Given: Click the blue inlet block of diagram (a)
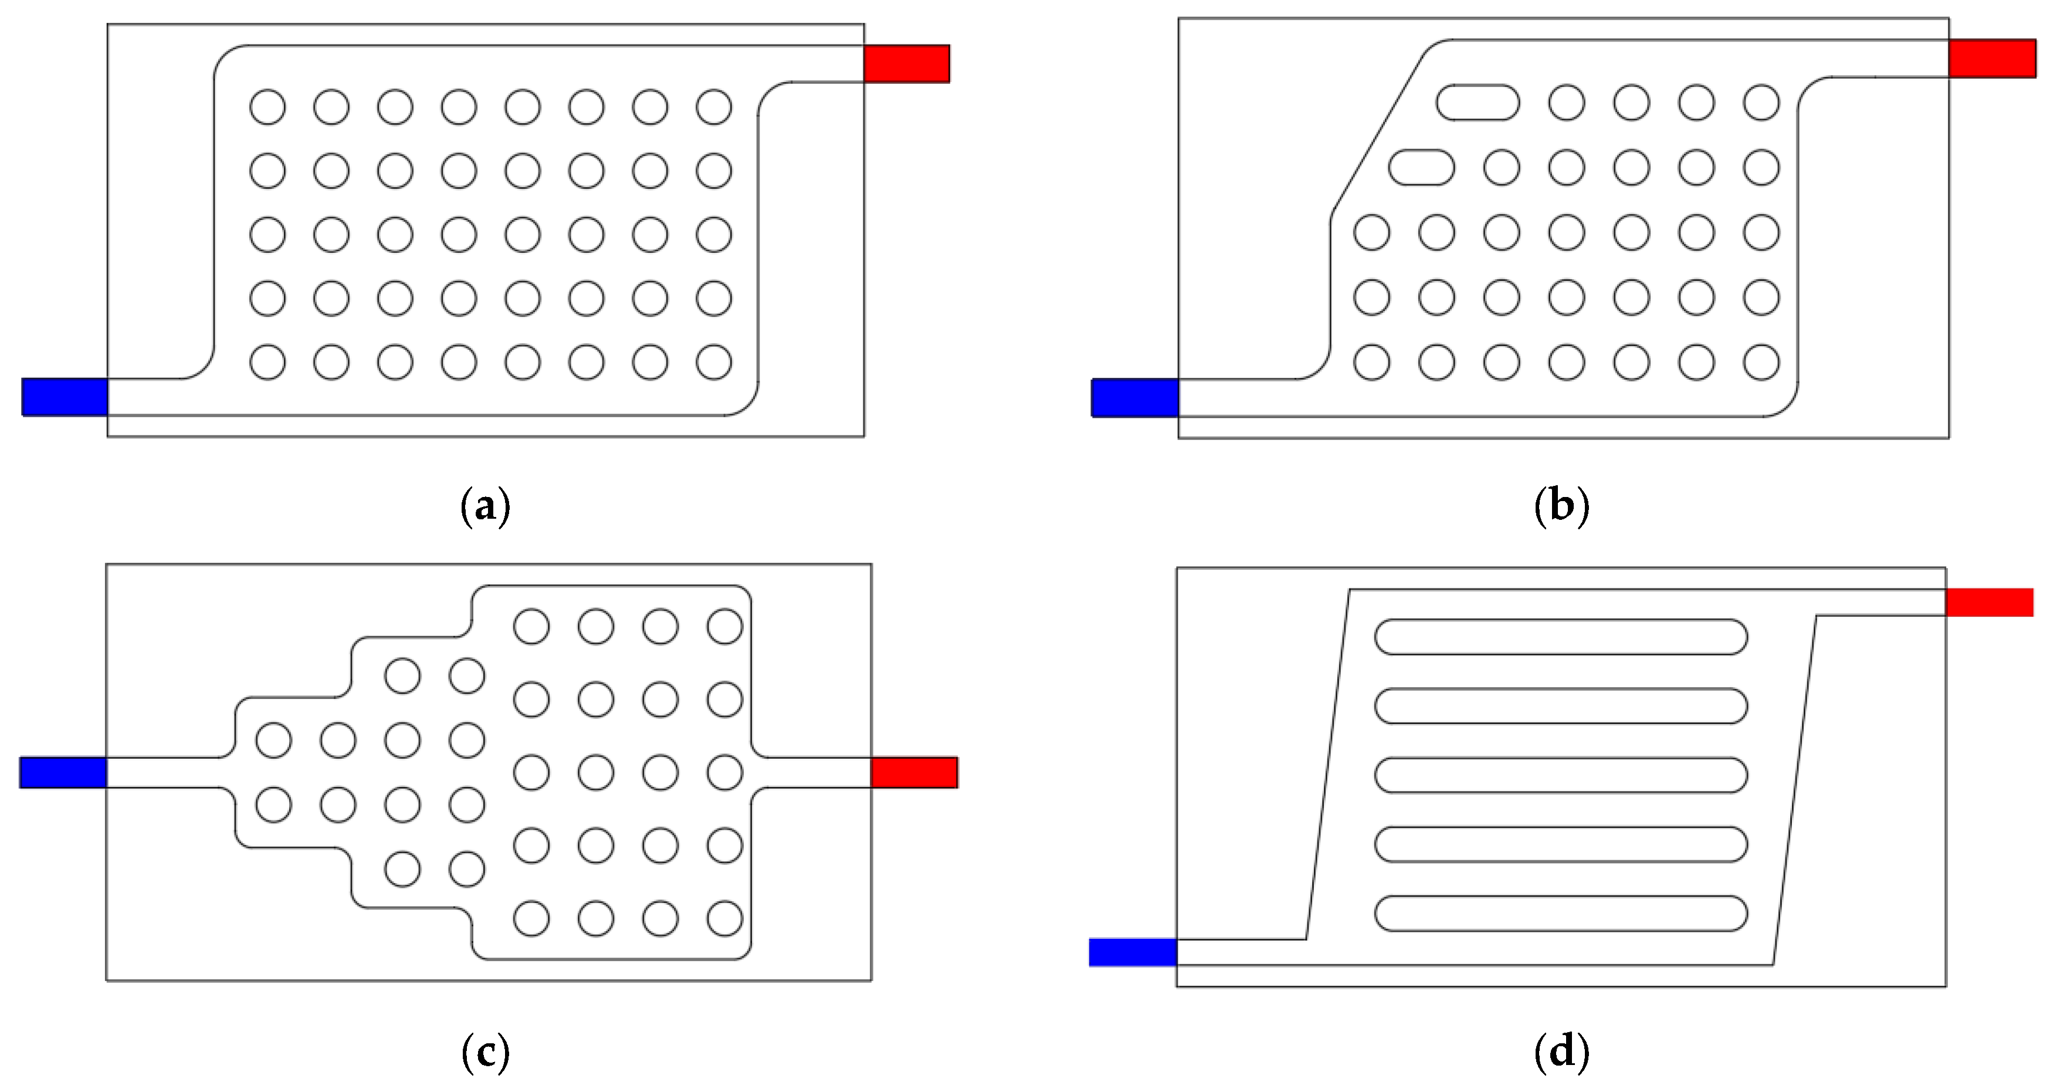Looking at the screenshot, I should click(65, 396).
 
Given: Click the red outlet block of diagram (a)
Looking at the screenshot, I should click(906, 64).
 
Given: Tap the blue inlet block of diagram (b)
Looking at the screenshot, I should click(1134, 397).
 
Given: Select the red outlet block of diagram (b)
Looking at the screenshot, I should click(1992, 58).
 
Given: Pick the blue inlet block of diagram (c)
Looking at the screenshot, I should click(63, 772).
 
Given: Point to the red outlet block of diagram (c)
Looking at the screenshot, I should click(914, 772).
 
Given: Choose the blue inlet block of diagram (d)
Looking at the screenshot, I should click(1133, 952).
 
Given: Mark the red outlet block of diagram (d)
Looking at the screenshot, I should click(1990, 601).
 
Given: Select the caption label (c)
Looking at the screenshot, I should click(486, 1052).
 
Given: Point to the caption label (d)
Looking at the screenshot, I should click(1561, 1052).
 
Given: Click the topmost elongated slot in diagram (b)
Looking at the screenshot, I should click(1478, 103).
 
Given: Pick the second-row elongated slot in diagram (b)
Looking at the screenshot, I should click(1421, 168).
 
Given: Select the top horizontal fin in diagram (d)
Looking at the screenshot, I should click(1561, 637).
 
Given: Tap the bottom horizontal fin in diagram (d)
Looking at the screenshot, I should click(1561, 913).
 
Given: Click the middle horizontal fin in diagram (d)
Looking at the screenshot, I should click(1561, 775).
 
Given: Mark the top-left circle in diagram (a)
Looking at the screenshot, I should click(267, 107).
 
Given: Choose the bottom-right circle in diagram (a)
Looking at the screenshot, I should click(714, 362).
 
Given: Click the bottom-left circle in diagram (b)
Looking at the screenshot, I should click(1372, 362).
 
